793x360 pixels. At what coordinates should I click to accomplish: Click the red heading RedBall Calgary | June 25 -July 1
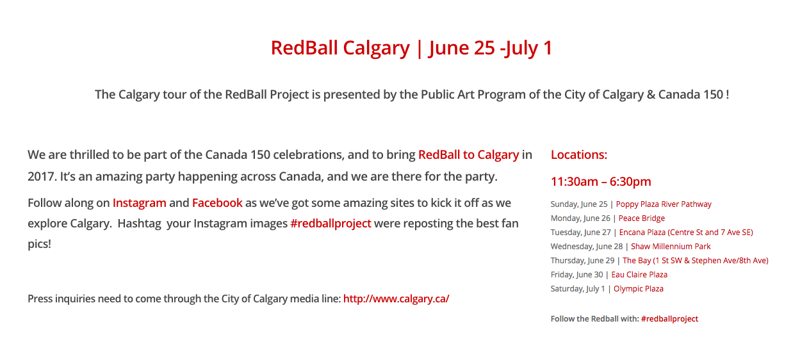411,48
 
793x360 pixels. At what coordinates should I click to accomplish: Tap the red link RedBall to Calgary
468,155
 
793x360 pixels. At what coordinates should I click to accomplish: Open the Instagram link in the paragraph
140,203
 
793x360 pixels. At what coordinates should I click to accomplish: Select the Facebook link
217,203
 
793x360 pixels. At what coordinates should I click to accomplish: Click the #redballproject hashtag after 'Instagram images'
331,224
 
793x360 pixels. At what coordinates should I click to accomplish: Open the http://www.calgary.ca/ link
396,299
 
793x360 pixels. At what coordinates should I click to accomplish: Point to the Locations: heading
579,154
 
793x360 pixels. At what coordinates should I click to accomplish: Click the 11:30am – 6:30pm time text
601,181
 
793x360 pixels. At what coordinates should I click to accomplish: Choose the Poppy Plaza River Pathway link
664,204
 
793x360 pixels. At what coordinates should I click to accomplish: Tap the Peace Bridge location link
641,218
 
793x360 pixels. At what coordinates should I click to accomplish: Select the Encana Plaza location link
686,233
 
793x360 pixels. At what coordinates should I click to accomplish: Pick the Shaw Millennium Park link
671,247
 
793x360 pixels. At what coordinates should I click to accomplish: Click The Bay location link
695,261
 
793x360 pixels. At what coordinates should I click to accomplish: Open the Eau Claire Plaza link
639,275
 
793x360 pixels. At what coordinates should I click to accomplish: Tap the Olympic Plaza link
638,289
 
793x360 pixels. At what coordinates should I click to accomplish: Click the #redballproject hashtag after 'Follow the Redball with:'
669,319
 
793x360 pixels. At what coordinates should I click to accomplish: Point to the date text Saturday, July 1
578,289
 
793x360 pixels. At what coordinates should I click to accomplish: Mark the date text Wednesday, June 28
587,247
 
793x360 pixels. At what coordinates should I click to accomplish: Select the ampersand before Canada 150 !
651,95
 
